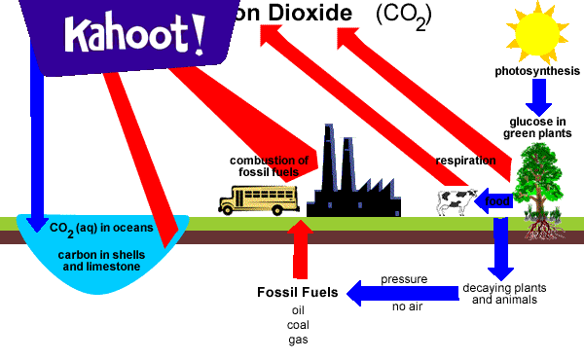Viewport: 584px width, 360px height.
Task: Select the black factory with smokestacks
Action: (349, 185)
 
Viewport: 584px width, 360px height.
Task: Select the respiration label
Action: (465, 160)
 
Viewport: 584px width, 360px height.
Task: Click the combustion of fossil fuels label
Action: (269, 166)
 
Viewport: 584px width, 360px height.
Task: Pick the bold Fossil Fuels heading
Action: (298, 292)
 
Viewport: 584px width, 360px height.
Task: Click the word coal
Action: (298, 325)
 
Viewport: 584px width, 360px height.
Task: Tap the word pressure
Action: (404, 279)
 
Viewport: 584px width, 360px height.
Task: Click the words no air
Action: (406, 307)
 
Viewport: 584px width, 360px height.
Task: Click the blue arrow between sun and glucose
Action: (538, 94)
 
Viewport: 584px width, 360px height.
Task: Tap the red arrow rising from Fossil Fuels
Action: (301, 251)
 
